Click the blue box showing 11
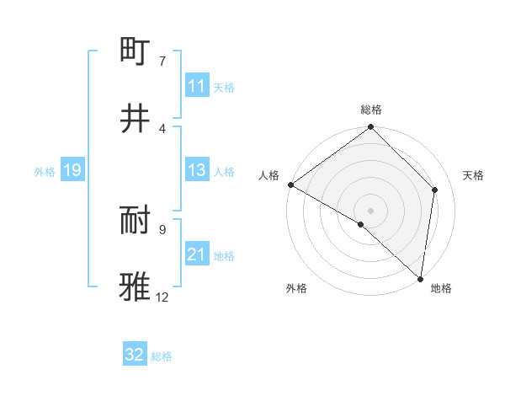tap(196, 86)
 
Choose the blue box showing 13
tap(196, 170)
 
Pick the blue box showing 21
tap(196, 254)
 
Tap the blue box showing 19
tap(72, 170)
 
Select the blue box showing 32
tap(135, 355)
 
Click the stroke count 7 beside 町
tap(162, 62)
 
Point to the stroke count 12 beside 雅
tap(162, 297)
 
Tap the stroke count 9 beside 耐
tap(162, 229)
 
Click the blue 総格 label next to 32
tap(162, 356)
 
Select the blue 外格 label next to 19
tap(45, 171)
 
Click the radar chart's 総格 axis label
tap(371, 110)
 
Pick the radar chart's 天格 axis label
tap(473, 175)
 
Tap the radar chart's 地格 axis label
tap(441, 288)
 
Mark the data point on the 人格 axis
tap(290, 185)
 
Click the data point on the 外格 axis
tap(361, 224)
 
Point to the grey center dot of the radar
tap(371, 210)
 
